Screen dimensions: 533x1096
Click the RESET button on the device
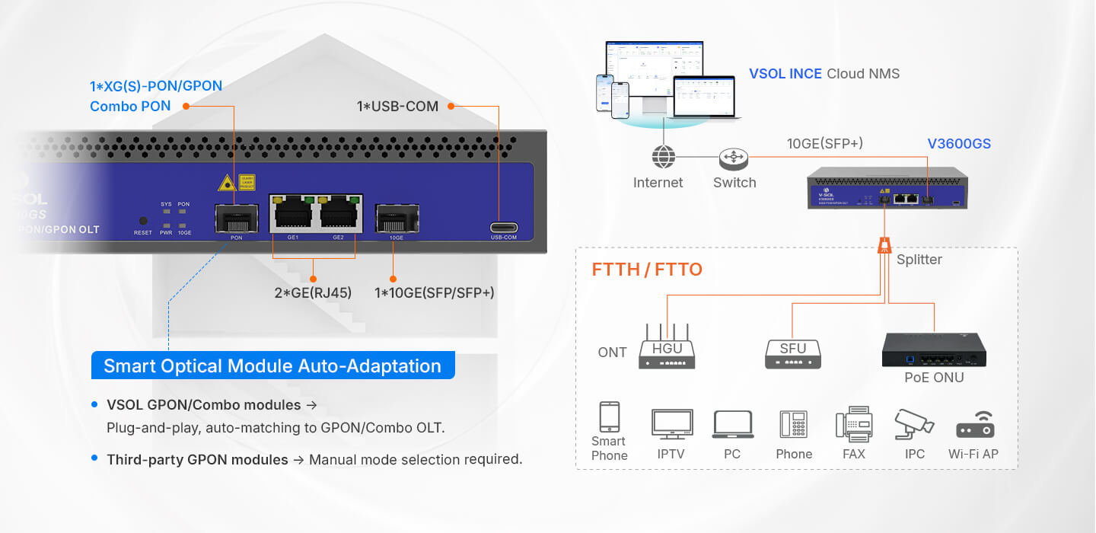(143, 221)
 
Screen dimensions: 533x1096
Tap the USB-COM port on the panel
(504, 227)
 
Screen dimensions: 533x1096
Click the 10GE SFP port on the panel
(397, 218)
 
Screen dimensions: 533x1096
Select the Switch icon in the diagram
(734, 158)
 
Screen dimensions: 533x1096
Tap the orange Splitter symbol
(884, 246)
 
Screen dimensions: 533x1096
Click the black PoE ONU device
(934, 349)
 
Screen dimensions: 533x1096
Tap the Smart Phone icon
(609, 417)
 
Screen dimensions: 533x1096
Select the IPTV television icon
(672, 423)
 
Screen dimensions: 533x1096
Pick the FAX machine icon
(853, 424)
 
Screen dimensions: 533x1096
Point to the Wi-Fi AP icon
(975, 425)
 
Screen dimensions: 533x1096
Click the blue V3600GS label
(958, 143)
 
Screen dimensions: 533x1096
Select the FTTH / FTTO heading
(647, 270)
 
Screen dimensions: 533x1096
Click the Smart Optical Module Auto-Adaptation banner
(272, 365)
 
